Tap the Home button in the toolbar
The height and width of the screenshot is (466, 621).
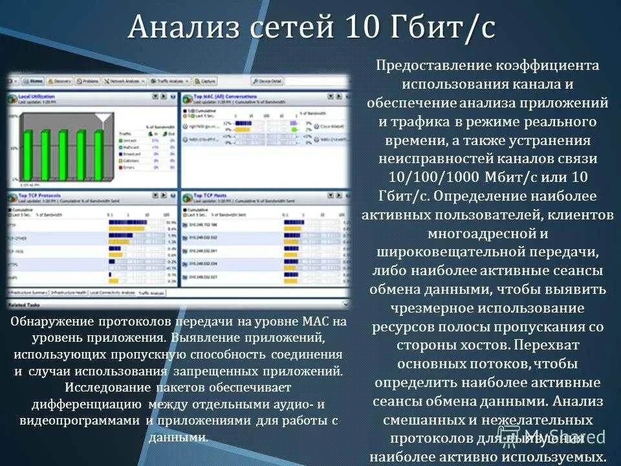(33, 82)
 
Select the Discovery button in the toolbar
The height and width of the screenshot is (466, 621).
(60, 82)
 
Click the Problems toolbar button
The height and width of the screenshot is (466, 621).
(88, 82)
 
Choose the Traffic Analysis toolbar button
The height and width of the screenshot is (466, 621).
(169, 82)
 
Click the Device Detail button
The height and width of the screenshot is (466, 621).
(268, 82)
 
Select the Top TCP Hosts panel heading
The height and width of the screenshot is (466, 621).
(210, 195)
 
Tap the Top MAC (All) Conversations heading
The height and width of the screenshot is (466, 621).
(224, 96)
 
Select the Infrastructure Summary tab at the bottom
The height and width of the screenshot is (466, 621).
(28, 292)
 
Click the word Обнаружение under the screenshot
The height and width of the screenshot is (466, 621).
(52, 322)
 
